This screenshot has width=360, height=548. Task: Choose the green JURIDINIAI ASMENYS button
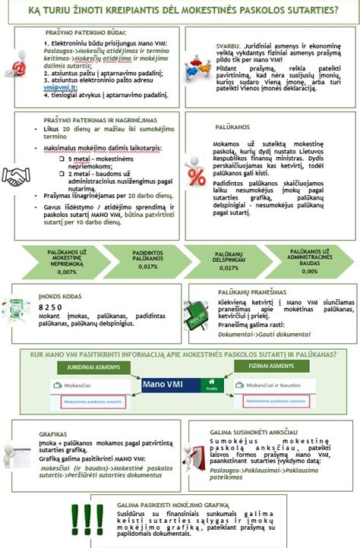(x=92, y=365)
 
